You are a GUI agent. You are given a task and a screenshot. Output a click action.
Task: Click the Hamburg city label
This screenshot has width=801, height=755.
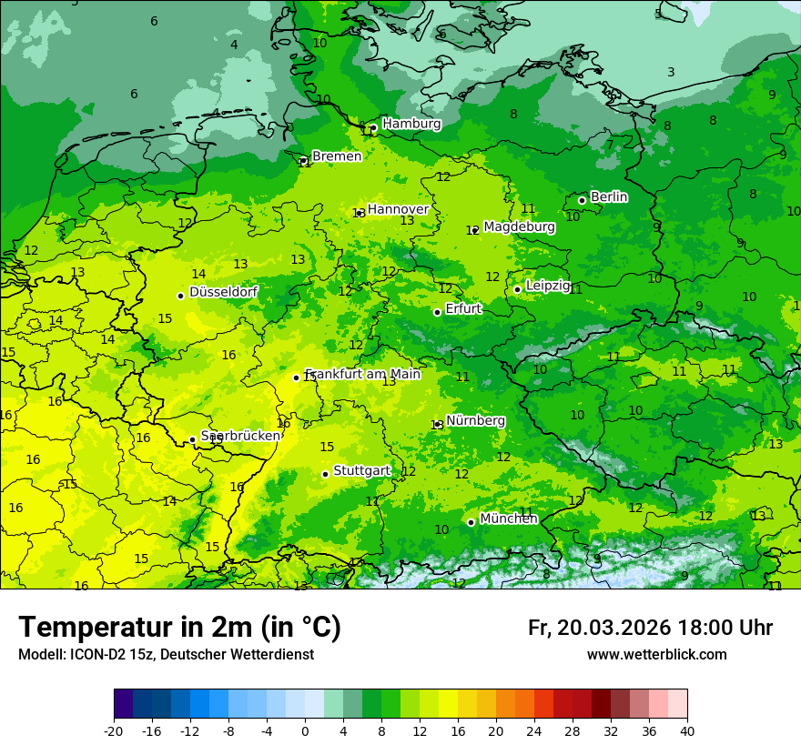coord(411,124)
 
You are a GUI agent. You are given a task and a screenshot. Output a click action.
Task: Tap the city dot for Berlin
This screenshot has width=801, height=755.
coord(582,200)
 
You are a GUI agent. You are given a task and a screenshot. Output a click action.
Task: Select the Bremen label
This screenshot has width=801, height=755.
coord(337,156)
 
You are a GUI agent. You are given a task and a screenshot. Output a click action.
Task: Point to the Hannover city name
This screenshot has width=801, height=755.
coord(398,209)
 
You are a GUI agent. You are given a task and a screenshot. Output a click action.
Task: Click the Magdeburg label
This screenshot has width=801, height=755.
coord(519,226)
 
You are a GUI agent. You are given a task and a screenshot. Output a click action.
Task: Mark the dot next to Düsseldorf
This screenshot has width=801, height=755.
coord(180,296)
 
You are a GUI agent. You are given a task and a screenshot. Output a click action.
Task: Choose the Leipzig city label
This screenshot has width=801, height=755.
coord(548,286)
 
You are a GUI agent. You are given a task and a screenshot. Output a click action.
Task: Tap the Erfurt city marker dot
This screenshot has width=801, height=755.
coord(437,312)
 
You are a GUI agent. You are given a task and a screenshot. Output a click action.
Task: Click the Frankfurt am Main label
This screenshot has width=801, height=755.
coord(363,374)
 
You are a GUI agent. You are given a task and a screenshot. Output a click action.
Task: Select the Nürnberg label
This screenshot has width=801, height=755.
coord(475,421)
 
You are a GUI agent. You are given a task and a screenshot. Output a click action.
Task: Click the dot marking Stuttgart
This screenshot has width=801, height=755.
coord(325,474)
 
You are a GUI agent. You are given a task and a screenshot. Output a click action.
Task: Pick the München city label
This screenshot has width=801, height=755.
coord(509,518)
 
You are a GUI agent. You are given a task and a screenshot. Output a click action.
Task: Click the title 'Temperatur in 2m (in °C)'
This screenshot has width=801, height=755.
coord(179,627)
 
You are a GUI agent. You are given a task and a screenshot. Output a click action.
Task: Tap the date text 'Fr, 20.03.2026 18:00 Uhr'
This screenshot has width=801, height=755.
coord(650,628)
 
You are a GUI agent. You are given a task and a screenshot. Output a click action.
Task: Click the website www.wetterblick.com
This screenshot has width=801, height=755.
coord(656,655)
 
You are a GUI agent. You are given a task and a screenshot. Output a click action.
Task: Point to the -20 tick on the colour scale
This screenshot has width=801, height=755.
coord(114,730)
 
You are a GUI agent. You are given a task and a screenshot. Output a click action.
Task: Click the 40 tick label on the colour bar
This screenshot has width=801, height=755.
coord(687,730)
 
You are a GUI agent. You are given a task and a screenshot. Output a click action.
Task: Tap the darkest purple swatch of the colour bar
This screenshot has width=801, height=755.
coord(124,704)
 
